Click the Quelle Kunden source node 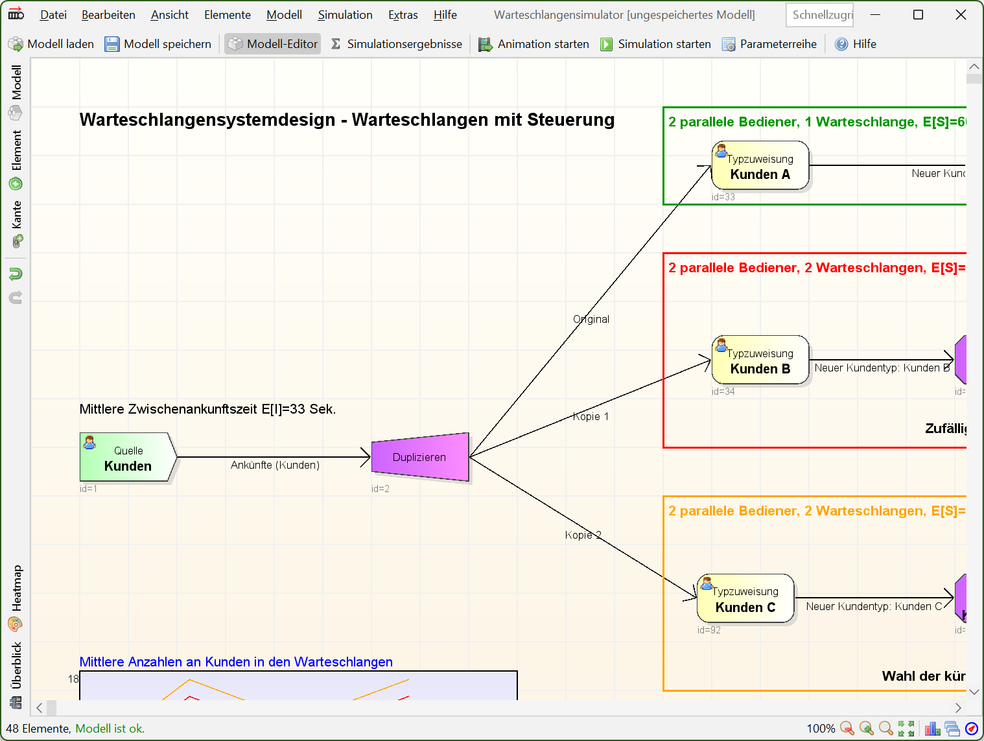coord(128,457)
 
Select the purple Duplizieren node coord(420,457)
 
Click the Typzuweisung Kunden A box coord(760,166)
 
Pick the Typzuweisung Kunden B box coord(760,360)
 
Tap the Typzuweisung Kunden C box coord(745,598)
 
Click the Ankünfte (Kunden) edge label coord(275,465)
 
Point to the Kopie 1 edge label coord(591,416)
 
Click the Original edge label coord(591,319)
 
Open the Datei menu coord(53,15)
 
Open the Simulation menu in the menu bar coord(345,15)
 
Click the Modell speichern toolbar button coord(158,44)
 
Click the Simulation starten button coord(655,44)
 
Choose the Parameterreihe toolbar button coord(769,44)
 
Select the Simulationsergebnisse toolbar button coord(396,44)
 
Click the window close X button coord(960,15)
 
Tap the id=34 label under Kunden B coord(723,392)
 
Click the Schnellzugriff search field coord(819,15)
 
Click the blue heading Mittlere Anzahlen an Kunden coord(236,662)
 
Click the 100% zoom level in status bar coord(821,729)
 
